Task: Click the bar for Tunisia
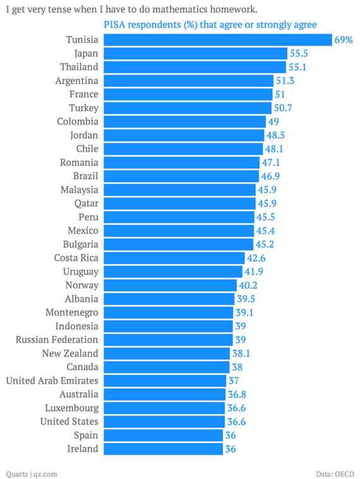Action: point(217,40)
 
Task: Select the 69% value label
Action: point(344,40)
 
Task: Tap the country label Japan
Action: point(86,54)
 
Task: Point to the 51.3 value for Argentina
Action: point(285,81)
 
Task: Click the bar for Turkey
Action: point(188,108)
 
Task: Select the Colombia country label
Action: point(78,121)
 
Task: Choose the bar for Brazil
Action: point(181,176)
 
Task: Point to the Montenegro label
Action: point(72,312)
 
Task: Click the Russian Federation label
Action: point(57,340)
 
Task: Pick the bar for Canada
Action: point(166,367)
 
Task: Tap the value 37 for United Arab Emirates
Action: point(234,381)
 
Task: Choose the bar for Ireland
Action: point(163,449)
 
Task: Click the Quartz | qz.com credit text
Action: point(32,473)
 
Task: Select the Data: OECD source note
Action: point(335,473)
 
